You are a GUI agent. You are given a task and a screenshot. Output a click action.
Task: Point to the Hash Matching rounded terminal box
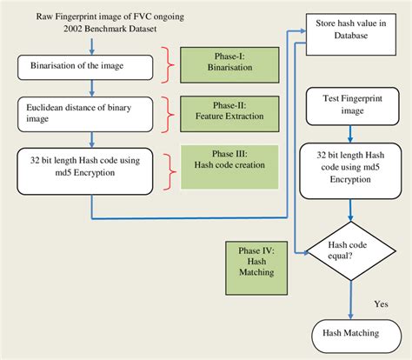point(352,333)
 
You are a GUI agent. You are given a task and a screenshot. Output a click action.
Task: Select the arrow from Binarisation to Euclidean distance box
point(90,87)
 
